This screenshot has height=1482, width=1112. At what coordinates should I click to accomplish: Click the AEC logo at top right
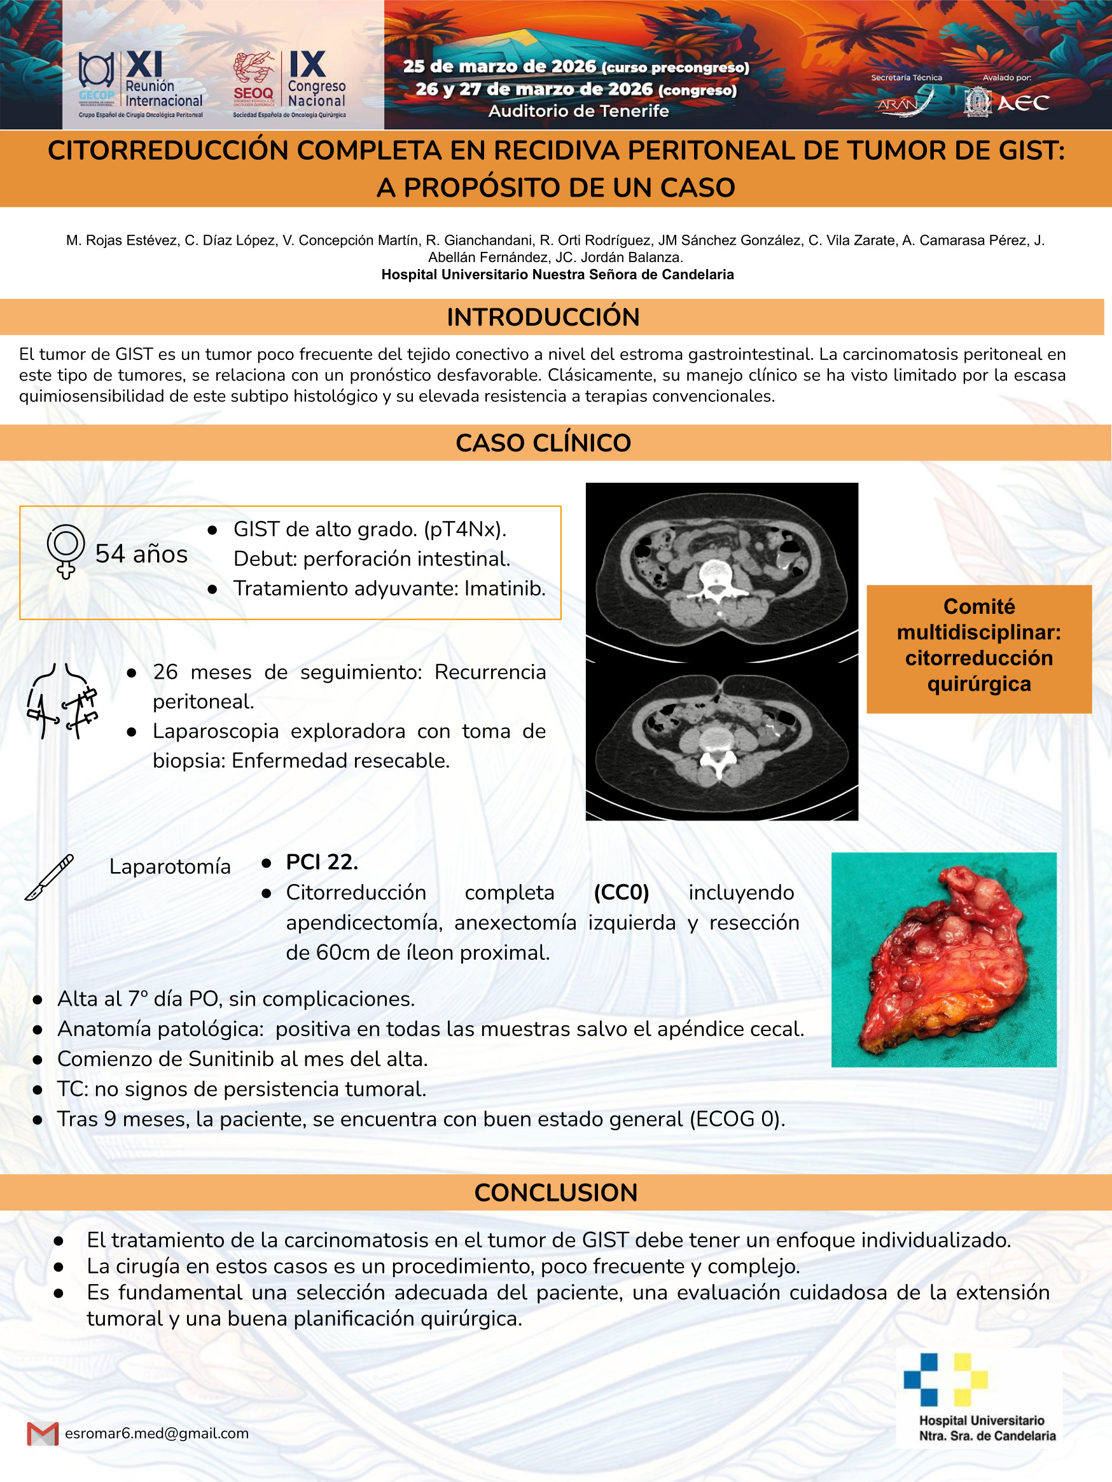tap(1007, 102)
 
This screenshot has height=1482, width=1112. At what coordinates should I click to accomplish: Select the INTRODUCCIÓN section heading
tap(543, 317)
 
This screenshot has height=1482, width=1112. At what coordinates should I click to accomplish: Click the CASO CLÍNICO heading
tap(543, 443)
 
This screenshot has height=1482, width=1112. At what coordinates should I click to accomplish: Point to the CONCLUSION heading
tap(555, 1193)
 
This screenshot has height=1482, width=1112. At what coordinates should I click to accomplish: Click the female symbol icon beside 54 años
tap(66, 551)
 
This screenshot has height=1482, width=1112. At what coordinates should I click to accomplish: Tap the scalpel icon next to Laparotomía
tap(49, 877)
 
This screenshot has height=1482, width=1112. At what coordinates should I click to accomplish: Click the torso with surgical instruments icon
tap(62, 701)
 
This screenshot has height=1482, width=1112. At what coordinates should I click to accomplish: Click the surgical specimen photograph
tap(943, 959)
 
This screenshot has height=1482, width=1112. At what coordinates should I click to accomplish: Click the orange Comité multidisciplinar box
tap(978, 648)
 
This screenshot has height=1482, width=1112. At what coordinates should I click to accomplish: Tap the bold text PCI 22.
tap(322, 862)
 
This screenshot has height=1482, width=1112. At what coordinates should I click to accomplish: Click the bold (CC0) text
tap(622, 892)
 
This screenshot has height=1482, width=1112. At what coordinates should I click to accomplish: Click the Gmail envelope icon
tap(43, 1433)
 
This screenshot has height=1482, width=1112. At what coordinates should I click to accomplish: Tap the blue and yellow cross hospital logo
tap(945, 1380)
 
